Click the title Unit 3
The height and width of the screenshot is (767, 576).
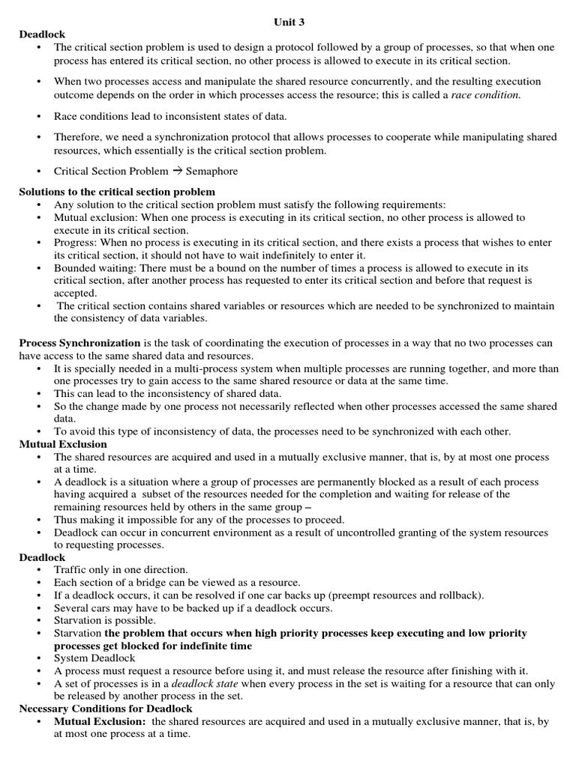pyautogui.click(x=287, y=22)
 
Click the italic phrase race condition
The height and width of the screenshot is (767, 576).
pyautogui.click(x=485, y=94)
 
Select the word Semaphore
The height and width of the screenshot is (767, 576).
pyautogui.click(x=211, y=171)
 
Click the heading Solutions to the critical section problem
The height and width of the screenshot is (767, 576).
pyautogui.click(x=117, y=192)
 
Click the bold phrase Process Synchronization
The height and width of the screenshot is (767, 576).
pyautogui.click(x=80, y=342)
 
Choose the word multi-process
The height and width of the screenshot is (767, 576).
pyautogui.click(x=199, y=369)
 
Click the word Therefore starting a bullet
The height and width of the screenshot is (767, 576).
pyautogui.click(x=79, y=137)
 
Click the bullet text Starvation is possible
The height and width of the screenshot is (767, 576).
pyautogui.click(x=105, y=620)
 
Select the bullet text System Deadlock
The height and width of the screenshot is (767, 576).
pyautogui.click(x=94, y=658)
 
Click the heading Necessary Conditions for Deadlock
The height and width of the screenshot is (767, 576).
pyautogui.click(x=106, y=709)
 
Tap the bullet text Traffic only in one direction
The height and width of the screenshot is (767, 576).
pyautogui.click(x=121, y=569)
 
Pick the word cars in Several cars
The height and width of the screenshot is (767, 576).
pyautogui.click(x=105, y=607)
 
